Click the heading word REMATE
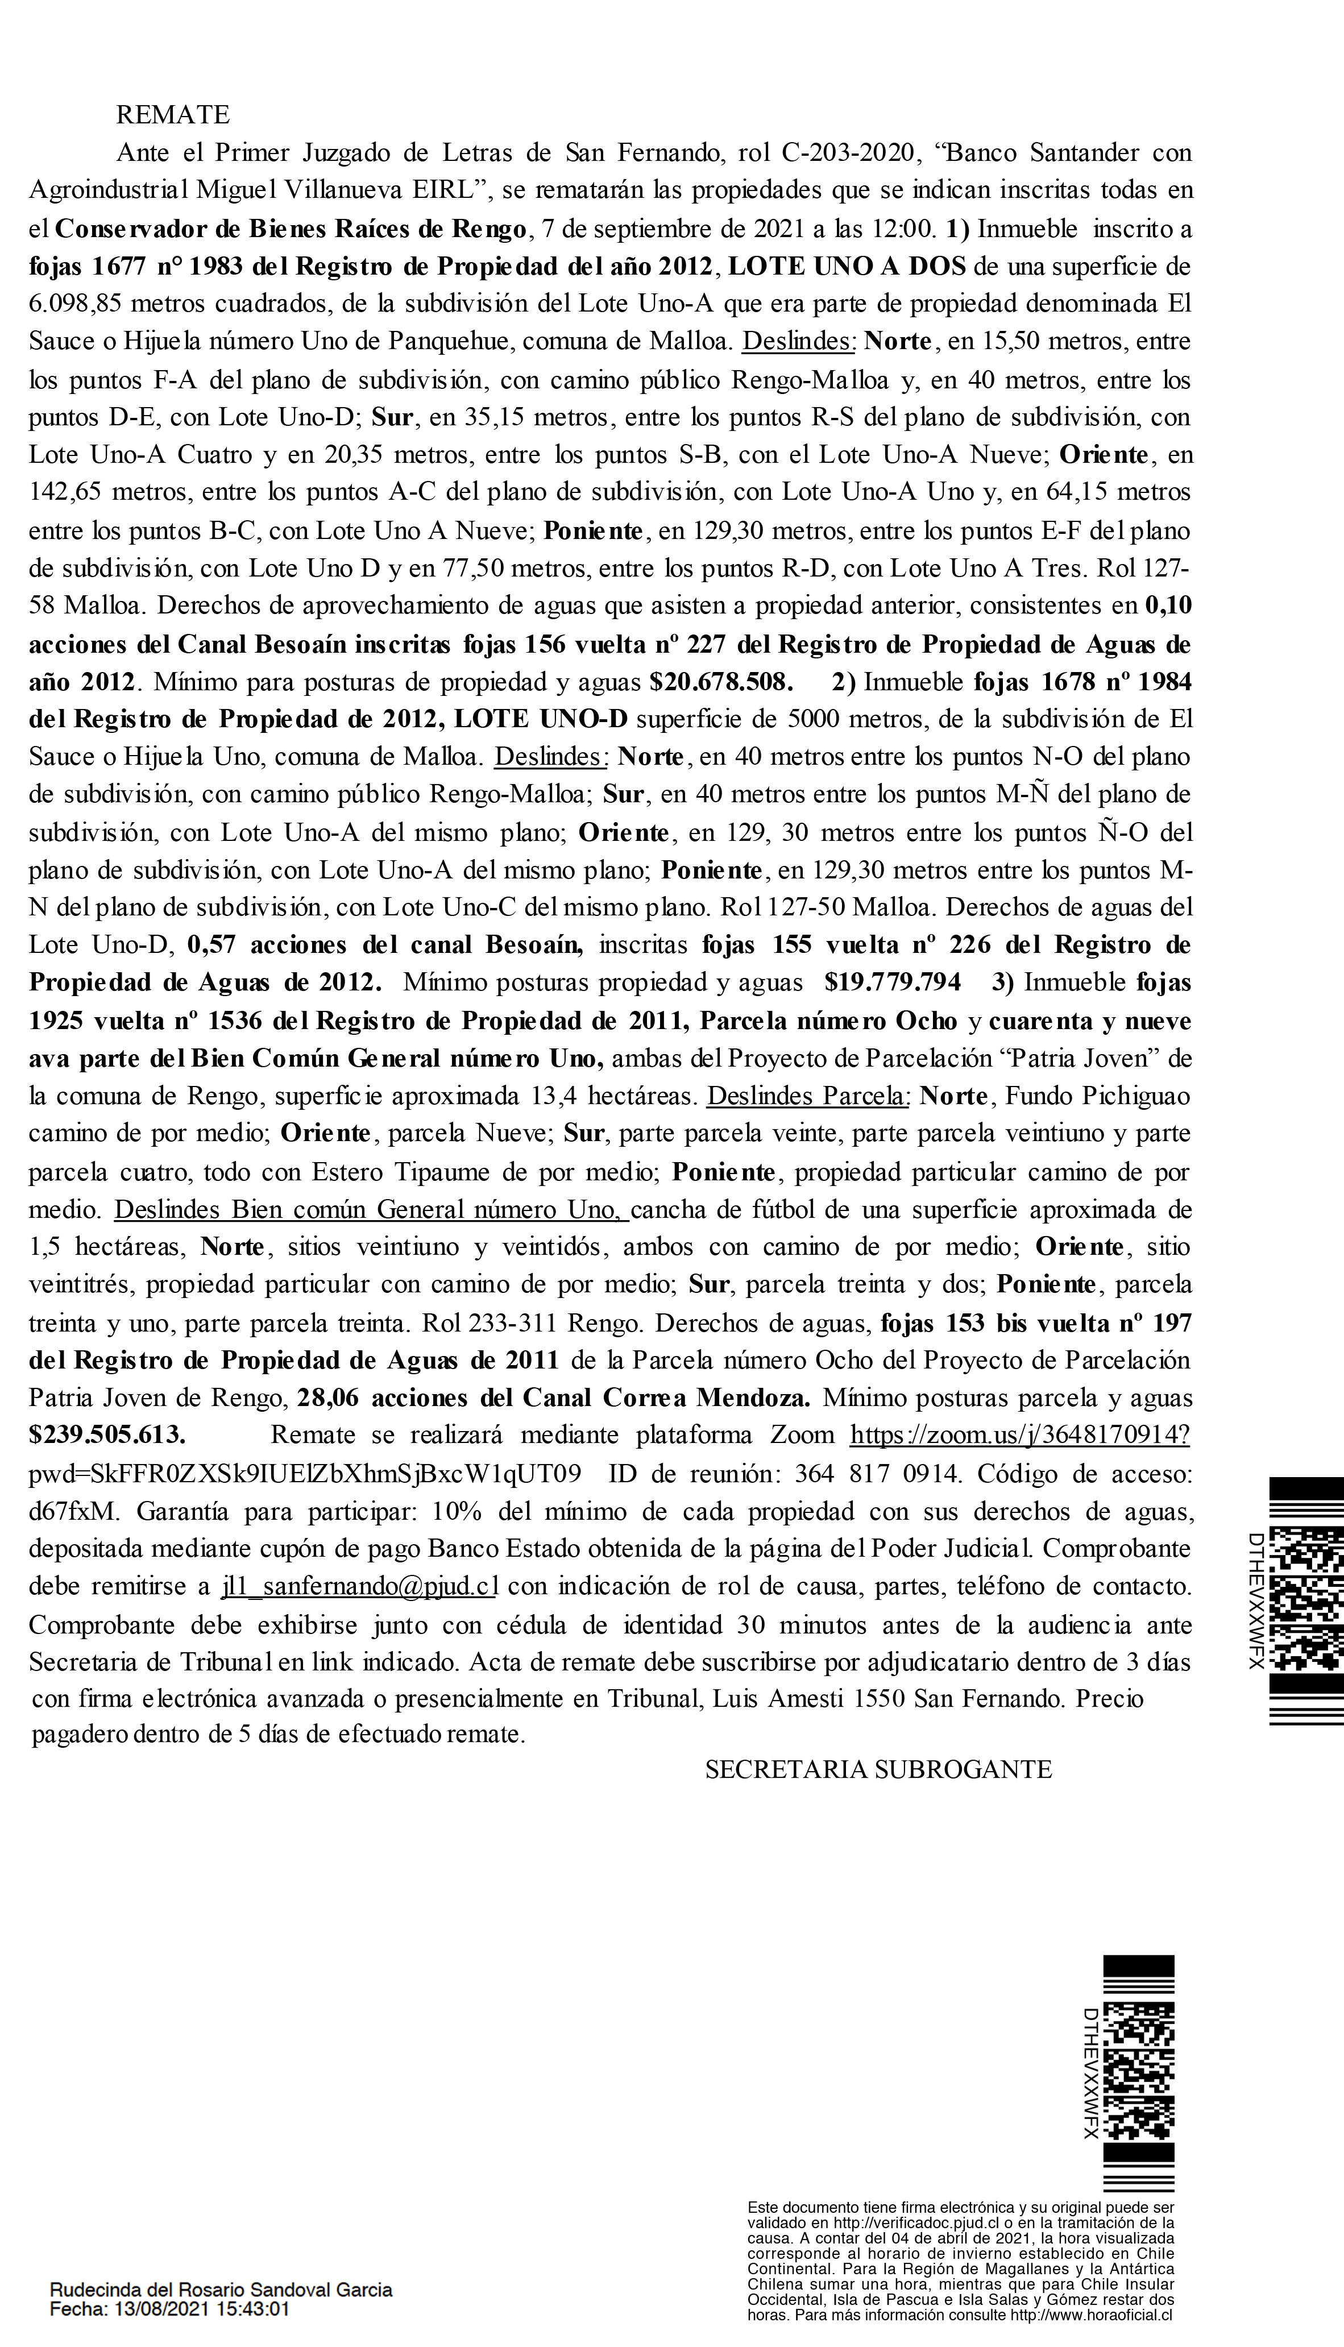[173, 115]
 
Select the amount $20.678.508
[720, 682]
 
